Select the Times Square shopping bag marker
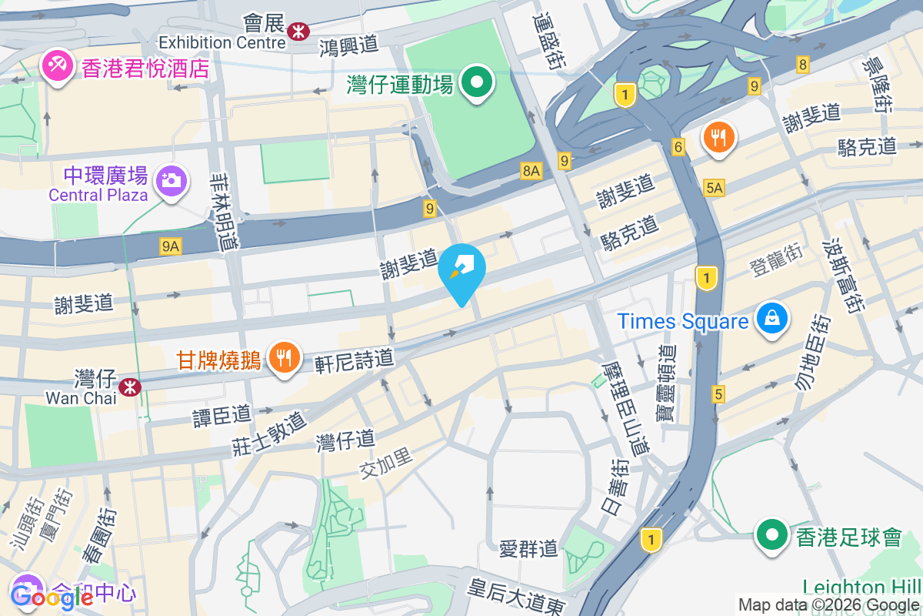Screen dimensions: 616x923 [771, 318]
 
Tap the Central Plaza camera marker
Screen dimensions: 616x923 [171, 182]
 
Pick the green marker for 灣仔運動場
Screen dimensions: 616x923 [477, 82]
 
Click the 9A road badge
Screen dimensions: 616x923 [171, 246]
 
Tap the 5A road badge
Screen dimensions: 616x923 [714, 187]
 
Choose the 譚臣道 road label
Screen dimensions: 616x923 [222, 416]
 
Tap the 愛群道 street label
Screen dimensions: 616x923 [528, 548]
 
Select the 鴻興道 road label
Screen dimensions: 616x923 [350, 46]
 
